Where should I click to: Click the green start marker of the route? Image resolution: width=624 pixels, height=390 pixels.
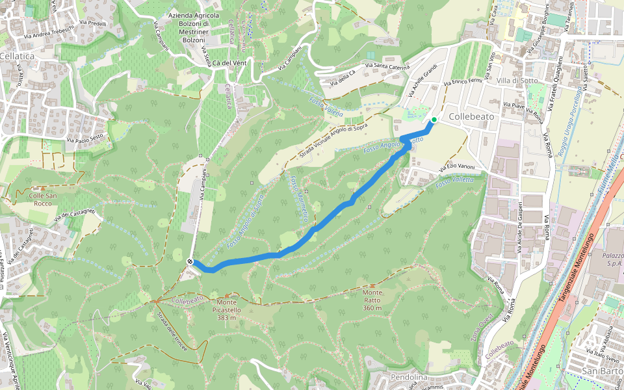(x=434, y=120)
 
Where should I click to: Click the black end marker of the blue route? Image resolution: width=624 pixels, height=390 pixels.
(x=190, y=262)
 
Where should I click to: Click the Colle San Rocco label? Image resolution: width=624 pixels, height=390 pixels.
(x=34, y=198)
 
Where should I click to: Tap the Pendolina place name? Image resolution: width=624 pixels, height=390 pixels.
(x=409, y=377)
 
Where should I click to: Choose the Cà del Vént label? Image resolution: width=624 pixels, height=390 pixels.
(x=229, y=62)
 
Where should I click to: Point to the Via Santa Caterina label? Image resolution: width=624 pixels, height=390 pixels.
(x=387, y=66)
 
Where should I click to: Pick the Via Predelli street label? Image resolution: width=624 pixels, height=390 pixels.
(x=92, y=24)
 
